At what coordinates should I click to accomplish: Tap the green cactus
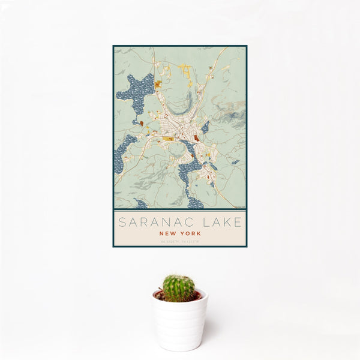click(179, 288)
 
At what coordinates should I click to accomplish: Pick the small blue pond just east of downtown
click(205, 127)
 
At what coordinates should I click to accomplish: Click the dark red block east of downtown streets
click(196, 139)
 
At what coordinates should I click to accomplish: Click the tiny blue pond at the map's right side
click(235, 162)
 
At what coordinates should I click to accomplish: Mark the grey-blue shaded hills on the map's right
click(231, 111)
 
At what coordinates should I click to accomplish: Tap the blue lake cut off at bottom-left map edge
click(140, 204)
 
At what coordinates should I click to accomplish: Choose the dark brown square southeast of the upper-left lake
click(142, 124)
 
